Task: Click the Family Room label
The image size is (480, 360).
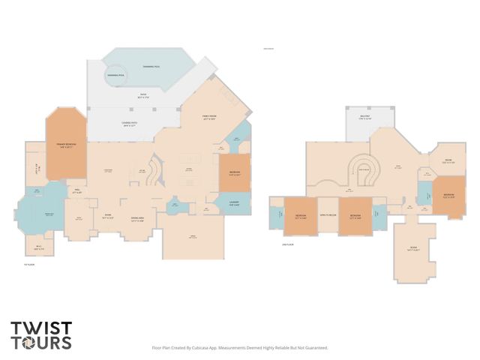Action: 209,115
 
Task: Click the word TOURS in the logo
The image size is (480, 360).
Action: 41,343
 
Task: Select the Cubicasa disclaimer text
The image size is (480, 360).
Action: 240,348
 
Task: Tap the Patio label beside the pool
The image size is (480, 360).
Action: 139,96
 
